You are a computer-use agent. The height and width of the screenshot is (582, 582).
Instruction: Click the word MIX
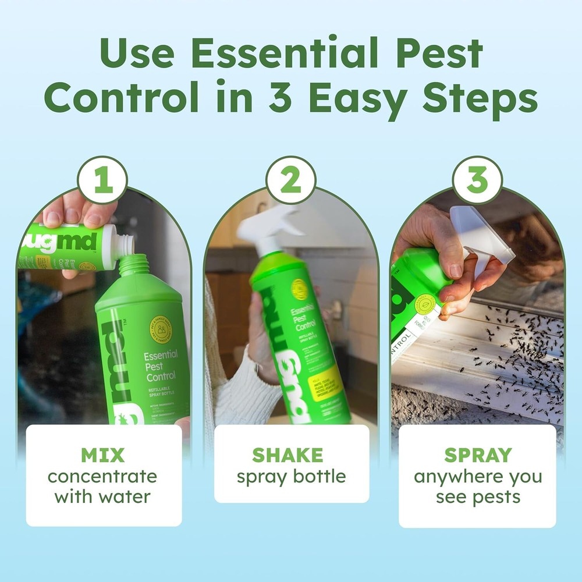(x=103, y=455)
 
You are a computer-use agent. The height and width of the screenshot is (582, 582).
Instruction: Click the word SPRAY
(x=478, y=455)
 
